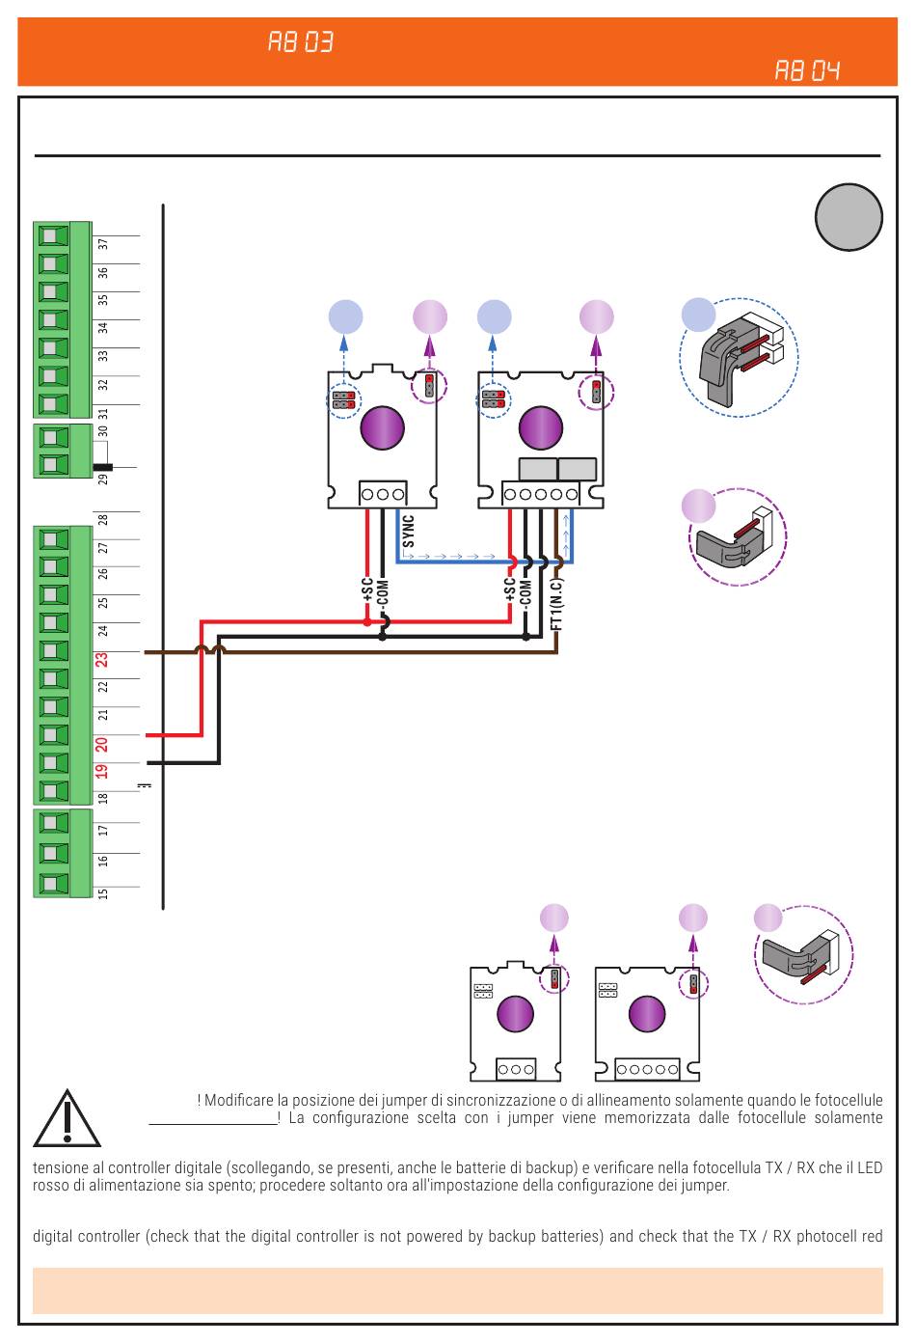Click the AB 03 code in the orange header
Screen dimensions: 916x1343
[x=300, y=42]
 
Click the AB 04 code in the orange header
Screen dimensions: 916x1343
[x=807, y=70]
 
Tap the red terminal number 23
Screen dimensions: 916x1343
[x=102, y=660]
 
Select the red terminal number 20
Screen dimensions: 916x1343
[x=102, y=744]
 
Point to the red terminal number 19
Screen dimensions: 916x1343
[x=102, y=771]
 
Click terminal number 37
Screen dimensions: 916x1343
[x=103, y=244]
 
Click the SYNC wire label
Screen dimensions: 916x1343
[x=408, y=532]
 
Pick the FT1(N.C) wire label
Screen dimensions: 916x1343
[x=556, y=604]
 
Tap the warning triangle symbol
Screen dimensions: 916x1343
[x=67, y=1119]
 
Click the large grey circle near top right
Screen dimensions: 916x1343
[x=849, y=217]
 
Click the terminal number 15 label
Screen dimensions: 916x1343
[x=103, y=893]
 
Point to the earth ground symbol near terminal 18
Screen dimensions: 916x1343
[x=145, y=784]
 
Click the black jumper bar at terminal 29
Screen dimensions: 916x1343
[x=102, y=467]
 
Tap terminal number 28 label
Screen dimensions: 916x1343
[x=103, y=519]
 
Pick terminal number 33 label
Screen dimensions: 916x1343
[x=103, y=356]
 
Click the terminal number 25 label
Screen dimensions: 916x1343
[x=103, y=602]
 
